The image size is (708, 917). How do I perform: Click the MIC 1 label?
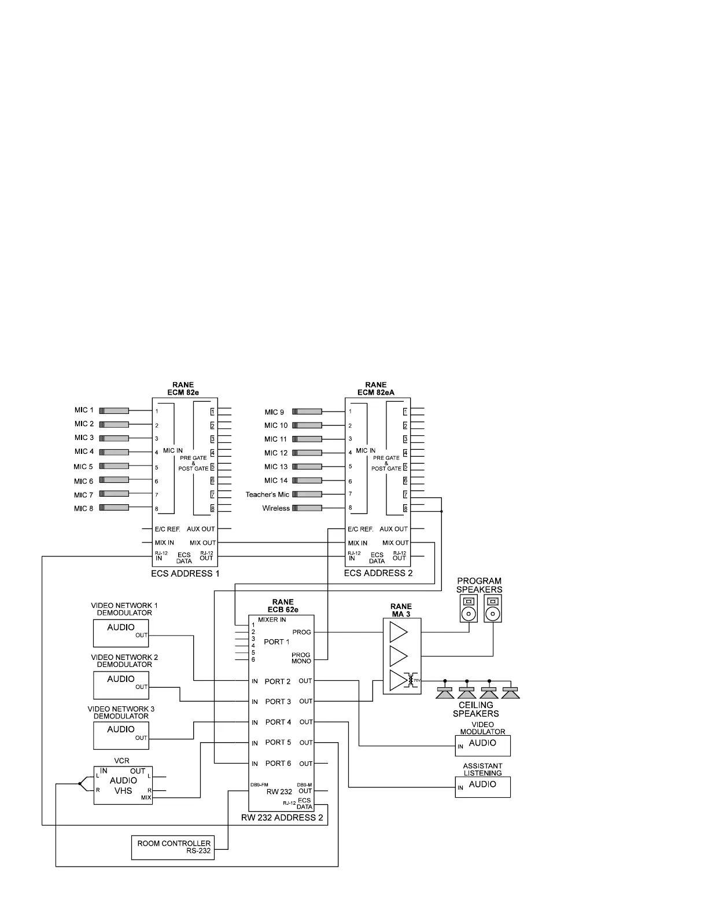click(x=84, y=410)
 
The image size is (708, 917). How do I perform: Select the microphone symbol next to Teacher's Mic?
click(x=307, y=494)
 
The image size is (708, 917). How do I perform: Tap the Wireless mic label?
click(x=276, y=509)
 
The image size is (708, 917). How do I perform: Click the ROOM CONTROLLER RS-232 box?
click(x=173, y=848)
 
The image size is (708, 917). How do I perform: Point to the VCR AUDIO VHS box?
click(x=123, y=785)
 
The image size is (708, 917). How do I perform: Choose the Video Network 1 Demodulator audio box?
click(x=121, y=633)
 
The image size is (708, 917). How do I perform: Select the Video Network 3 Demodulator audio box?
click(x=121, y=736)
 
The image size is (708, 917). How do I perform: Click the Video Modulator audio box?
click(x=482, y=746)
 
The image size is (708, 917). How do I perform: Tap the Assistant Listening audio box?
click(x=482, y=787)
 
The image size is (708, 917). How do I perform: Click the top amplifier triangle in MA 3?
click(x=398, y=632)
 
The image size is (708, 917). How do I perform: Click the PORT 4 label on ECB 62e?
click(x=278, y=722)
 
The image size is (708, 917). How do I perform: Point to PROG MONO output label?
click(x=301, y=658)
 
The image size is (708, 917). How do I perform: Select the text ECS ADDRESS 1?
click(x=185, y=574)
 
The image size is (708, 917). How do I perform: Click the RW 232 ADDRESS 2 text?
click(x=282, y=818)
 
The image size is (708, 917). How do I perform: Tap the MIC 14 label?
click(x=276, y=481)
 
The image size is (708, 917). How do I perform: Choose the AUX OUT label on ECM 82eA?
click(x=393, y=529)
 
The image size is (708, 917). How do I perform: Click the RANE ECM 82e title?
click(x=183, y=388)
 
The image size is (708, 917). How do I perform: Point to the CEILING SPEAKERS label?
click(x=476, y=709)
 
